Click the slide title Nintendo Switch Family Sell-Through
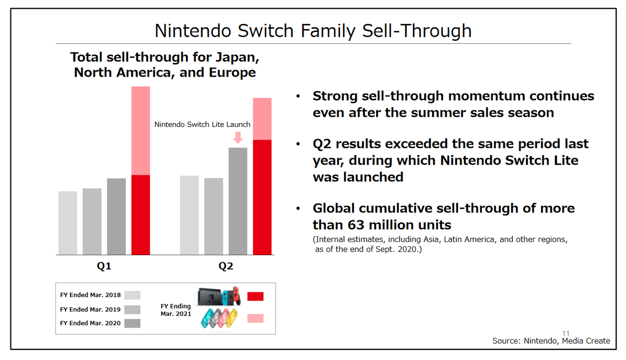pos(313,31)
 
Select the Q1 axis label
pos(104,267)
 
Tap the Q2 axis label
pos(225,267)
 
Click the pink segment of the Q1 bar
pos(140,130)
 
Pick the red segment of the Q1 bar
pos(140,215)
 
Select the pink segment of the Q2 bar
pos(262,119)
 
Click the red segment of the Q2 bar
pos(262,197)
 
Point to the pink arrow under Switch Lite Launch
pos(238,137)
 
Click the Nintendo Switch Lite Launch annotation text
pos(202,125)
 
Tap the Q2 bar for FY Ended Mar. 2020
pos(238,201)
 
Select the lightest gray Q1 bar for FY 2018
pos(68,223)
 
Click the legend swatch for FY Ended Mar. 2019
pos(132,309)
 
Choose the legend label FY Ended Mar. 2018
pos(90,295)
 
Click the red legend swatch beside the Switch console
pos(255,296)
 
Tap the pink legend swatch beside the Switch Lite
pos(255,318)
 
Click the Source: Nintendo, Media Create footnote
pos(551,341)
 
